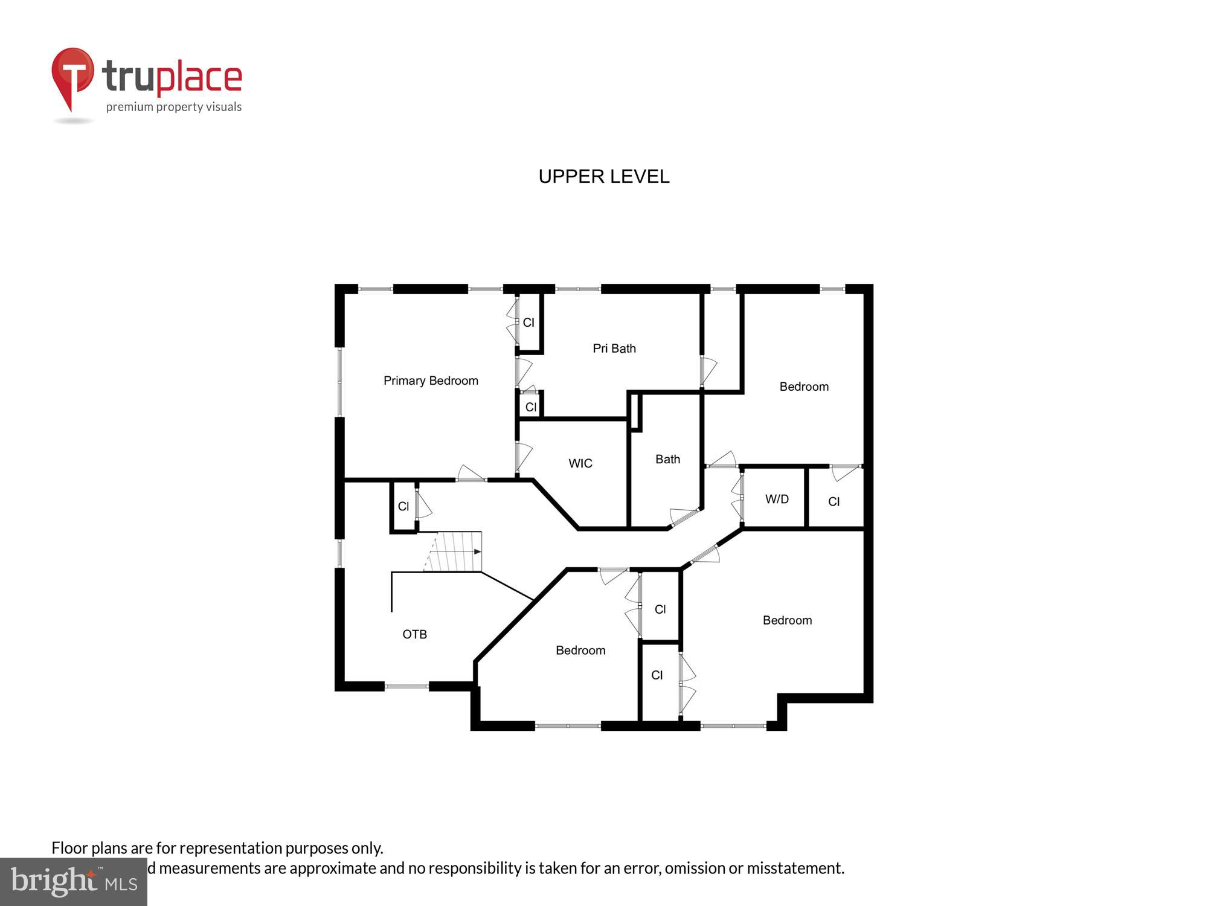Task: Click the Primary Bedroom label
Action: point(431,381)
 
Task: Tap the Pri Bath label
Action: point(614,349)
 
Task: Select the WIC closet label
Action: point(580,463)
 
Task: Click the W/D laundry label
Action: point(777,499)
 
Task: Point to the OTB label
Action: point(414,634)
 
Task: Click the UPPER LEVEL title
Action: point(603,176)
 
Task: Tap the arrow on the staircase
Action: point(477,551)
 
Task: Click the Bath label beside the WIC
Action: point(667,459)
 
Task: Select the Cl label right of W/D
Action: point(834,501)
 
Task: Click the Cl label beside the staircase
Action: point(403,506)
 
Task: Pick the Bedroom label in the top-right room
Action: point(803,387)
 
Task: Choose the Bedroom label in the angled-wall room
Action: point(580,651)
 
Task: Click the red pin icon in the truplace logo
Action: point(72,75)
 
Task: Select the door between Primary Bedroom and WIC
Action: point(523,457)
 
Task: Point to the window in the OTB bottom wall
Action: point(406,686)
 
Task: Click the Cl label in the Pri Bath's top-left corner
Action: point(528,323)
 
